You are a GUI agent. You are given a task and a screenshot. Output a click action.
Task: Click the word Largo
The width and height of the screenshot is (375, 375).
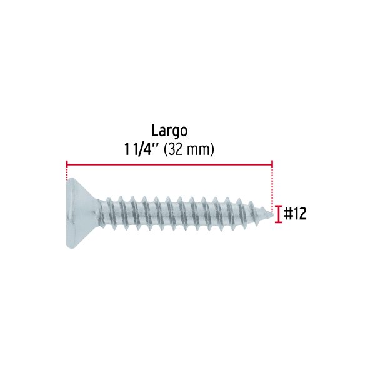click(x=169, y=131)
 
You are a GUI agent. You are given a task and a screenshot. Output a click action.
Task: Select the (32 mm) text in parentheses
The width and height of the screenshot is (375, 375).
click(x=189, y=150)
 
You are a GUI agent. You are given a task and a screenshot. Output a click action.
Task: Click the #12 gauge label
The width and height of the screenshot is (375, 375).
click(x=295, y=214)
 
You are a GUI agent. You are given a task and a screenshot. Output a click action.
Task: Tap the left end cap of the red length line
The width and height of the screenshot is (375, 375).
click(x=67, y=164)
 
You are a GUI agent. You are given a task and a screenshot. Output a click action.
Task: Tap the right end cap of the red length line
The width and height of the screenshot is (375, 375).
click(x=272, y=164)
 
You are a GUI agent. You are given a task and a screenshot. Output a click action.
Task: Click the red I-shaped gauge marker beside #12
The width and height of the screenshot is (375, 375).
click(x=278, y=214)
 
